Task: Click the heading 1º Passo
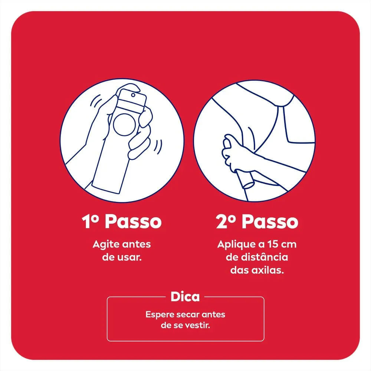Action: (x=122, y=221)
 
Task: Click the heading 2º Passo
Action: (x=257, y=221)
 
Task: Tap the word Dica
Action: (x=185, y=297)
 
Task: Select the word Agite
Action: (x=106, y=244)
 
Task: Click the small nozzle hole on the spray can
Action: (x=133, y=95)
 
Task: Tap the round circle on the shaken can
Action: (x=125, y=125)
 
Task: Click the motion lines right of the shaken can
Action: (x=158, y=145)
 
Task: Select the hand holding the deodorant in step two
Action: (x=233, y=151)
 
